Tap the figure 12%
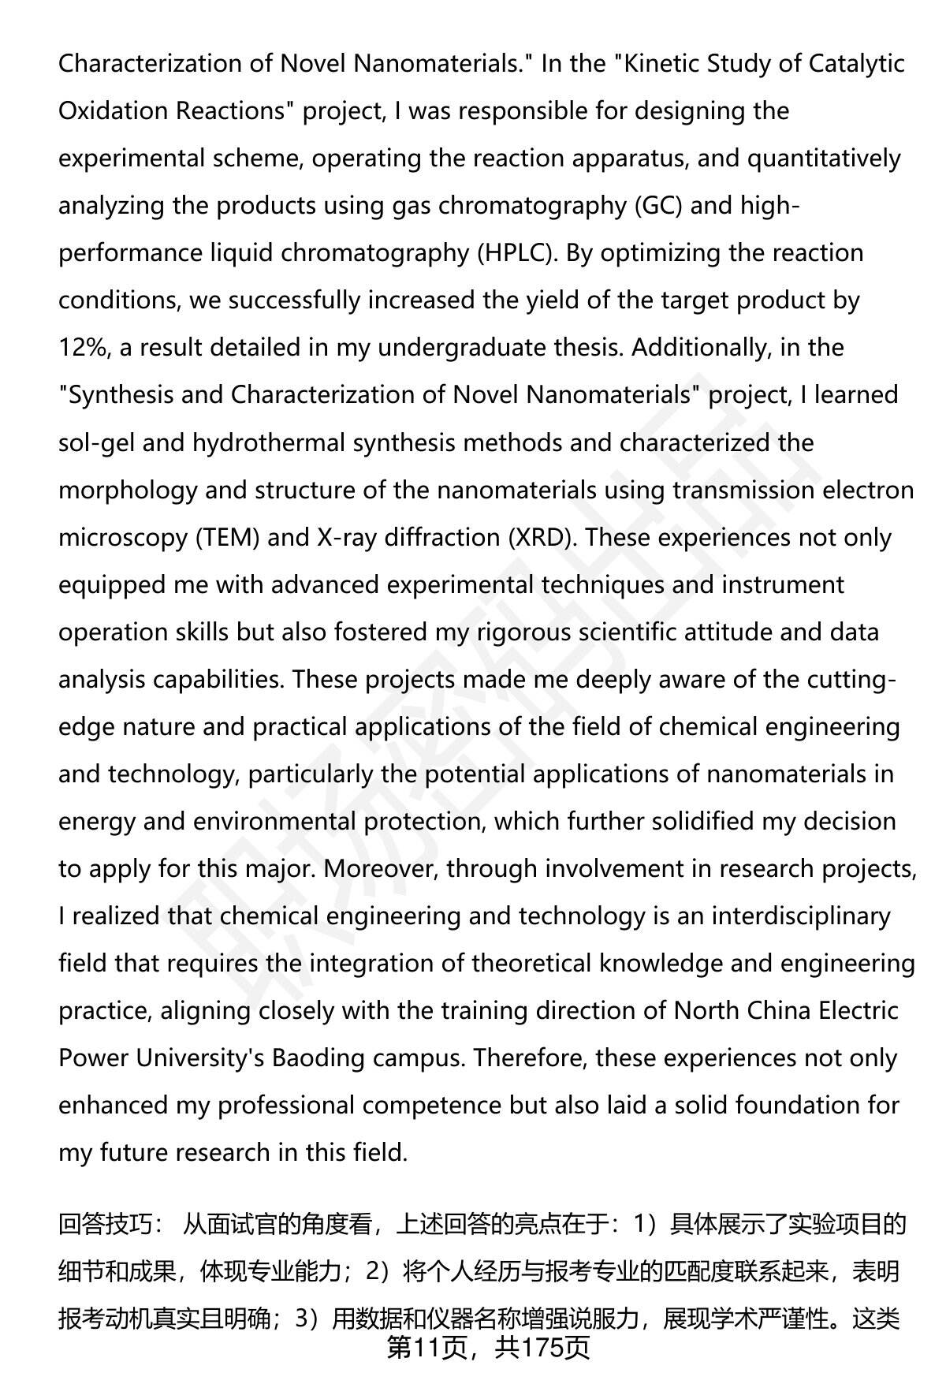pos(84,348)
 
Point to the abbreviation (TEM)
pos(228,537)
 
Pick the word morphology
pos(128,490)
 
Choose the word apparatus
pos(628,158)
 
